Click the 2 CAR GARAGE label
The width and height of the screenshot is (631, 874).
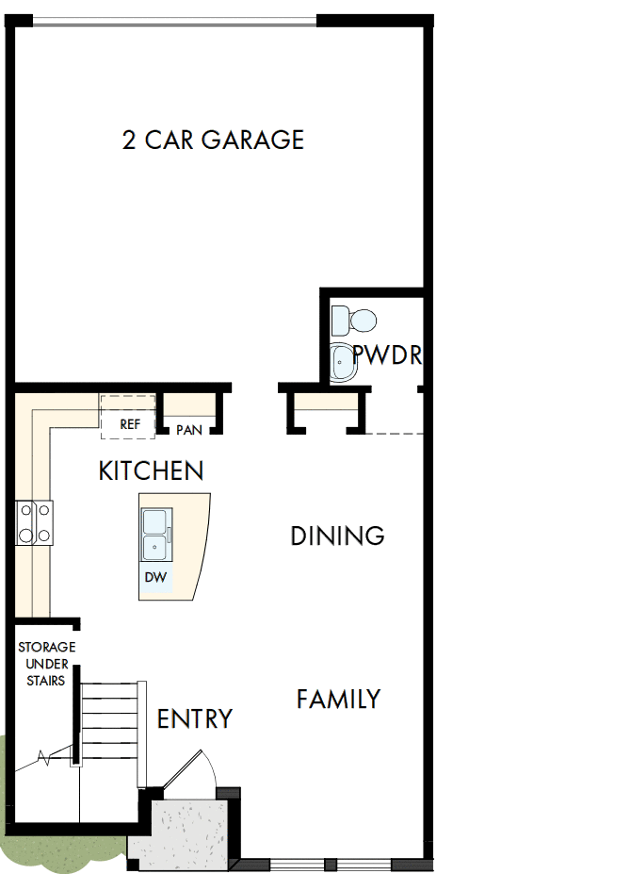tap(213, 140)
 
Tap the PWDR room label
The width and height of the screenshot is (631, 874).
tap(386, 356)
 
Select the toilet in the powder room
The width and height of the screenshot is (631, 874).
tap(354, 320)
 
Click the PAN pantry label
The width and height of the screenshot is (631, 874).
tap(188, 430)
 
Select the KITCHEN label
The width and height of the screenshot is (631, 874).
tap(151, 470)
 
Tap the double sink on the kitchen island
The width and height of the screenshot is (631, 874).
tap(155, 535)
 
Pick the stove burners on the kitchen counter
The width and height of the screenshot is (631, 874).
tap(34, 522)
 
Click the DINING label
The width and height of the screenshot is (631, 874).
tap(337, 536)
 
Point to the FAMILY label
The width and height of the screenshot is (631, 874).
tap(338, 700)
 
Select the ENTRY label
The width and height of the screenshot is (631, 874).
tap(194, 719)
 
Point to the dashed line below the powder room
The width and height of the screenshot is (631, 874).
tap(391, 434)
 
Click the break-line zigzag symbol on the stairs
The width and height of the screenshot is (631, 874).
tap(44, 756)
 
